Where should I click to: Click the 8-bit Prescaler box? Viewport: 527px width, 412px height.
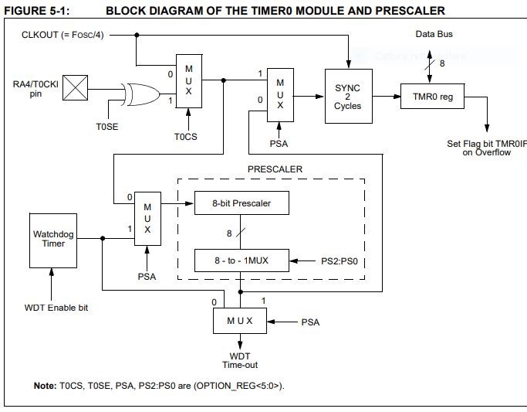(242, 203)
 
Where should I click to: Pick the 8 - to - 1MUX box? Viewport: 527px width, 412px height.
(242, 260)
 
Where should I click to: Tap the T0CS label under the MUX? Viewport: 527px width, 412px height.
(187, 138)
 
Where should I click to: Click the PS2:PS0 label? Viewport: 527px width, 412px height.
(340, 260)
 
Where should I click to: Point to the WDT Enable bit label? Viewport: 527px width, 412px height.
(52, 308)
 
